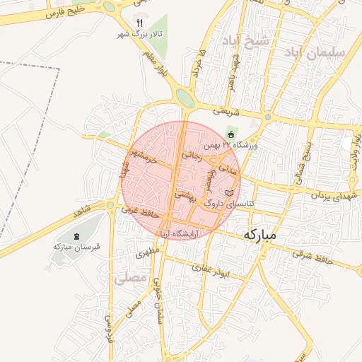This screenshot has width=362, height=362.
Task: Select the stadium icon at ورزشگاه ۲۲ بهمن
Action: point(230,134)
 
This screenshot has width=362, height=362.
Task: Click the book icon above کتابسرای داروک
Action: point(228,192)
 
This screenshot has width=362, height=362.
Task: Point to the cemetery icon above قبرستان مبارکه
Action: point(77,235)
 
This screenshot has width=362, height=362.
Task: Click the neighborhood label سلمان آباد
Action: point(315,52)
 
